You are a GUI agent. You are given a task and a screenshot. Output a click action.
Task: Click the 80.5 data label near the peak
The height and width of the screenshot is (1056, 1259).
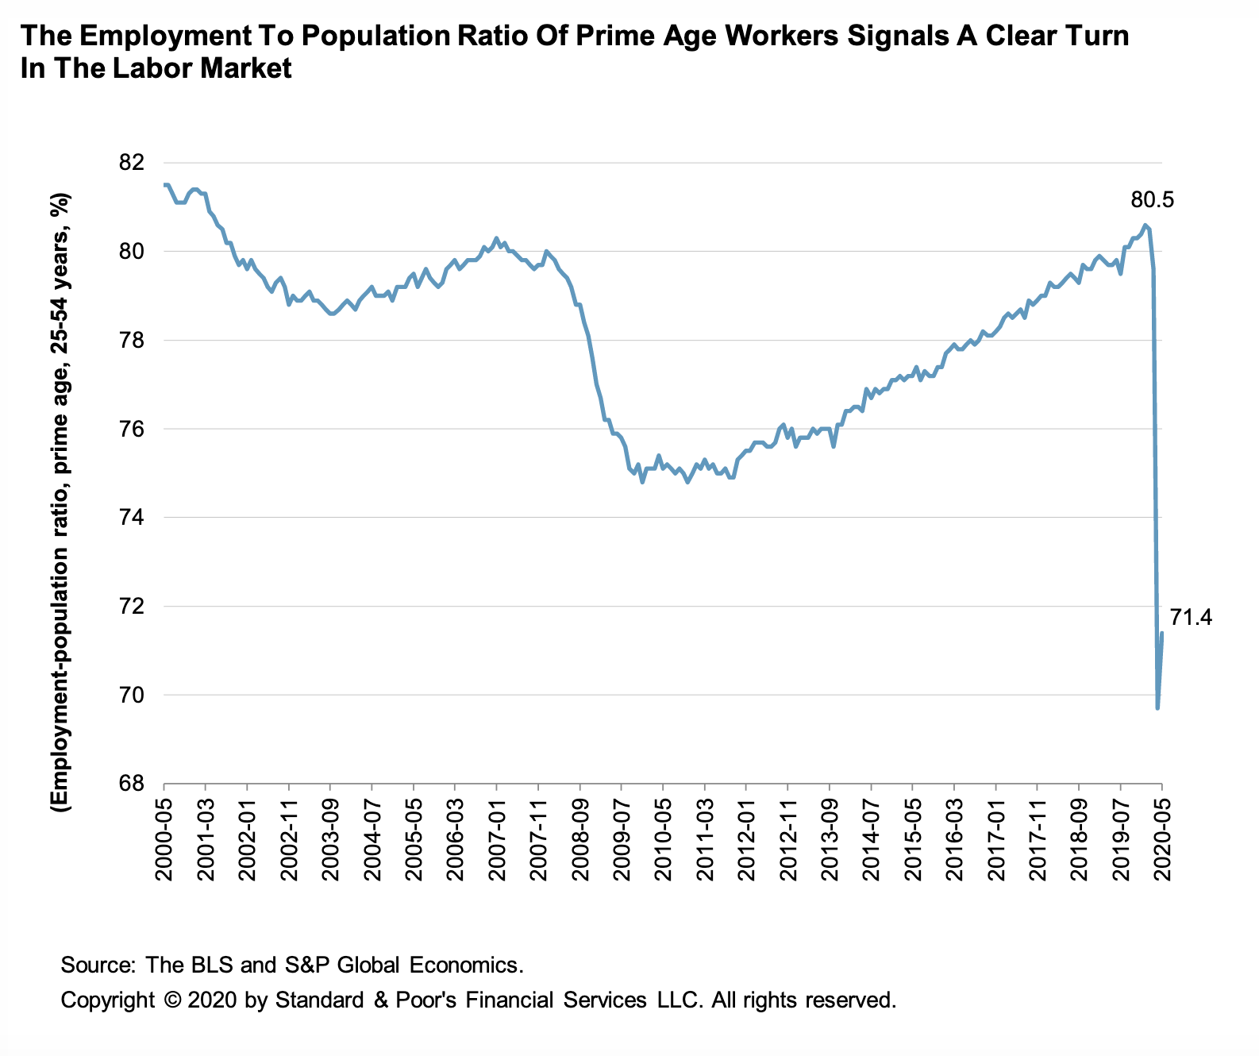click(1152, 200)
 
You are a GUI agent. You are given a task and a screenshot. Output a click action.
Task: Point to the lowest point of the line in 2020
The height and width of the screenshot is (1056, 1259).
click(1157, 707)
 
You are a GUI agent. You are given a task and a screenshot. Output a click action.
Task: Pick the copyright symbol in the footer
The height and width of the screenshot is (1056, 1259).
click(171, 1000)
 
